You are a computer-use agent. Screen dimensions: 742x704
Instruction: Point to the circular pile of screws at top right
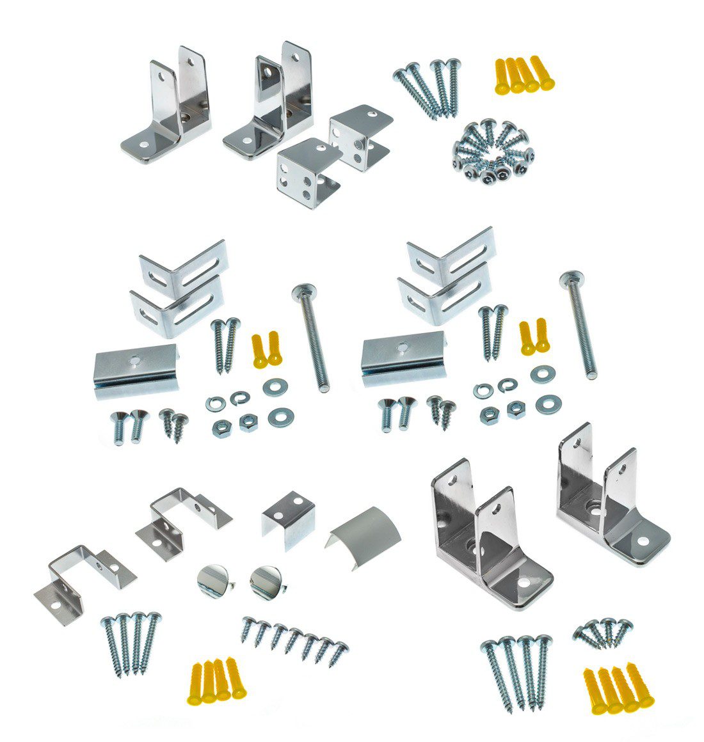493,150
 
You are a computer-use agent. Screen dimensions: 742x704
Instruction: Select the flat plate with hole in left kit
135,370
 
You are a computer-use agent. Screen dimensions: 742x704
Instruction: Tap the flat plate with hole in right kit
403,361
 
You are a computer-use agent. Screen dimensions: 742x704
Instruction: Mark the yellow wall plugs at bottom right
616,688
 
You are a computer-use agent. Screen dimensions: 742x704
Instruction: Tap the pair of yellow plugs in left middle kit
267,349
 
